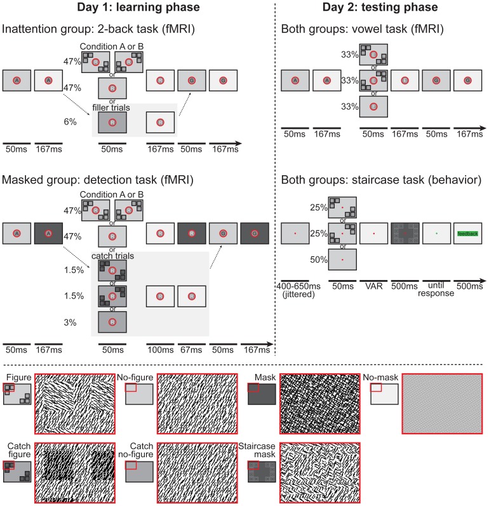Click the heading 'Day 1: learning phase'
[137, 8]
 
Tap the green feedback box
[467, 234]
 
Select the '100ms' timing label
[159, 349]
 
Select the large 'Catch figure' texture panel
[75, 472]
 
